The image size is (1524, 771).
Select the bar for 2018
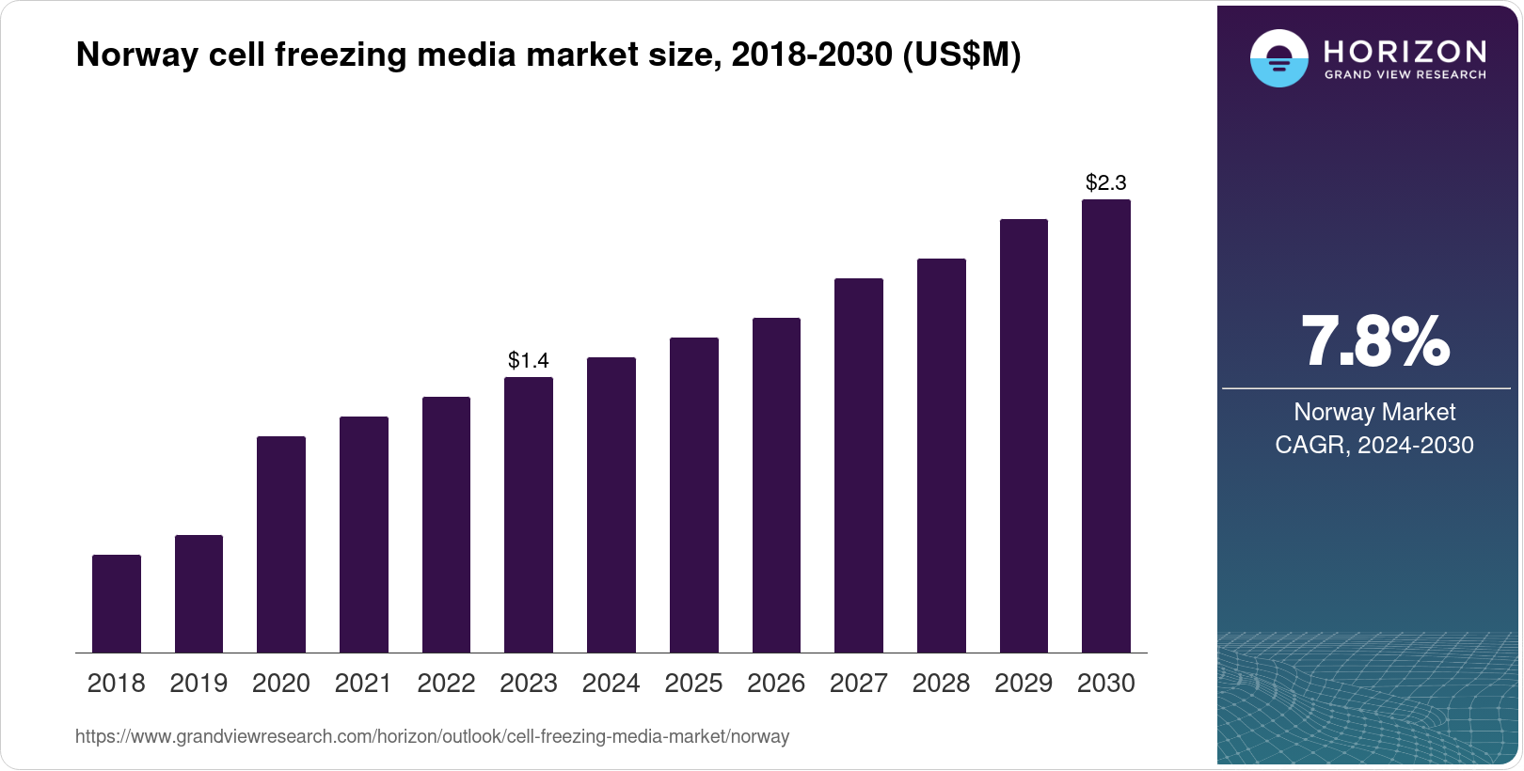117,604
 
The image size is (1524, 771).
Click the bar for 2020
281,544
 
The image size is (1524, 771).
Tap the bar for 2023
529,514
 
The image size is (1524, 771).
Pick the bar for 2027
859,465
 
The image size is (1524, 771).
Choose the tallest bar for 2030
1106,426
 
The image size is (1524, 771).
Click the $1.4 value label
529,360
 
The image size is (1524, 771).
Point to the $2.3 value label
1106,182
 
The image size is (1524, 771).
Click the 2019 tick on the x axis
198,684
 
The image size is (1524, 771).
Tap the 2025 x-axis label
693,684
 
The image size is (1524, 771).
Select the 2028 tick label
941,684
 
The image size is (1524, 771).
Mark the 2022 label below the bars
446,684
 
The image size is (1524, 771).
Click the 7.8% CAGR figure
1374,342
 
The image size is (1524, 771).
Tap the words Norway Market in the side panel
1374,412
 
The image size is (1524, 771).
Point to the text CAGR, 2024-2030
1374,445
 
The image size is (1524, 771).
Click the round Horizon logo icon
1278,58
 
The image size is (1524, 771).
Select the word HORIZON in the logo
1405,51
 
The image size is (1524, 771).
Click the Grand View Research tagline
1405,75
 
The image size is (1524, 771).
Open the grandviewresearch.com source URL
432,736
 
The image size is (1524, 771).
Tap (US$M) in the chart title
961,55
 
